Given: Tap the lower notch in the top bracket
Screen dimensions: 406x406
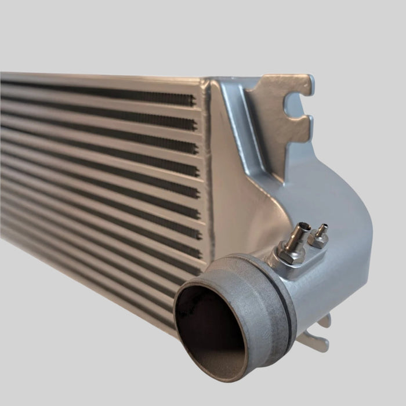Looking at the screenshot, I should [300, 119].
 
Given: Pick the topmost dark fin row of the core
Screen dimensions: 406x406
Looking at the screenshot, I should [99, 92].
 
